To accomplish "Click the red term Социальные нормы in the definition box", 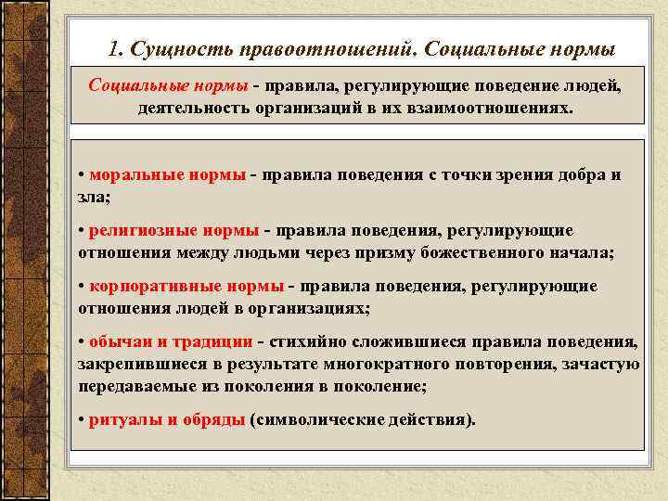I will pos(168,86).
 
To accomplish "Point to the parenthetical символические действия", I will pos(363,419).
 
